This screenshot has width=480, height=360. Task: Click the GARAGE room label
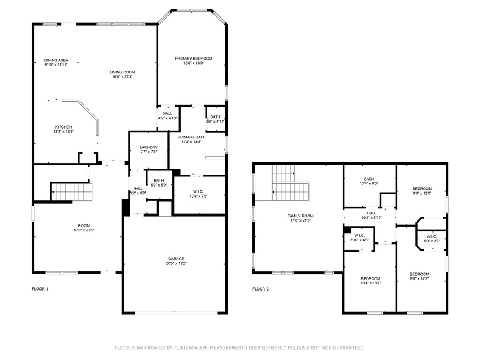tap(176, 259)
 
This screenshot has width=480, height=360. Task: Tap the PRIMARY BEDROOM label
tap(193, 59)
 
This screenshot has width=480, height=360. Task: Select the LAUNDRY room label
tap(149, 147)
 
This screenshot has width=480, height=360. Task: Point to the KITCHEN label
tap(63, 127)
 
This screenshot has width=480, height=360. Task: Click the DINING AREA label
tap(56, 60)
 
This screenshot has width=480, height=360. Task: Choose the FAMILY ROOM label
tap(300, 216)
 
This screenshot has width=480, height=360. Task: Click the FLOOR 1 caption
tap(40, 289)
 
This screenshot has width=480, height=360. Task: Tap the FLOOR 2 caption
tap(261, 289)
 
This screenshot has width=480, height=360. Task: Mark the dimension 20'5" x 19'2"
tap(176, 263)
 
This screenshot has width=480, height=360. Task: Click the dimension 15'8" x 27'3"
tap(122, 77)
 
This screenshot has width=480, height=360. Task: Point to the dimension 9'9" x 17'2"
tap(419, 278)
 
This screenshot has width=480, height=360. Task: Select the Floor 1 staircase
tap(71, 191)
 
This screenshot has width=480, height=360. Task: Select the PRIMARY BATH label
tap(192, 137)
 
